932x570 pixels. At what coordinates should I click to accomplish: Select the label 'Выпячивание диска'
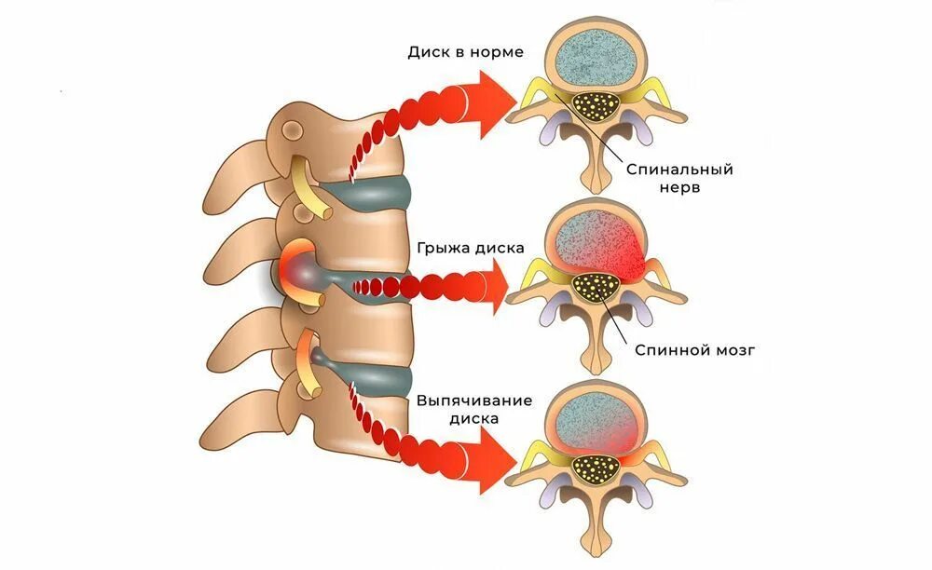tap(474, 409)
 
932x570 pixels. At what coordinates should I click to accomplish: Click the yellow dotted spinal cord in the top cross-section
tap(596, 105)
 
